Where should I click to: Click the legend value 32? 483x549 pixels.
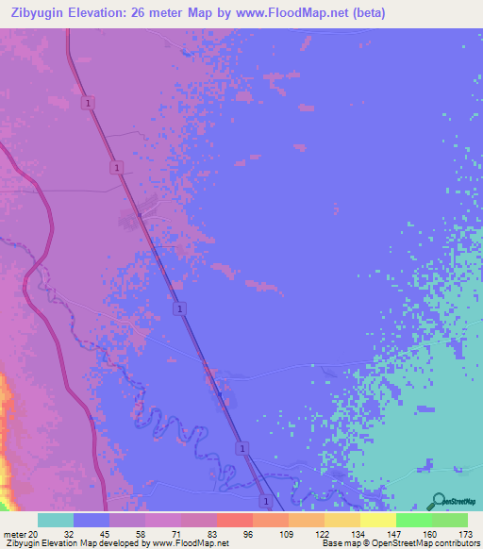[x=69, y=533]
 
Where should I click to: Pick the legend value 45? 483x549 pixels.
[x=104, y=533]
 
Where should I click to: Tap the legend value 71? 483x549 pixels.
[x=175, y=533]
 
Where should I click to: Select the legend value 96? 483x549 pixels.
[x=247, y=533]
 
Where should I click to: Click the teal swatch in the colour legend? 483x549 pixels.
[x=56, y=520]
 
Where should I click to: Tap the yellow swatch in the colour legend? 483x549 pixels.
[x=378, y=520]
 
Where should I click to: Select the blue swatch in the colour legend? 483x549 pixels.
[x=92, y=520]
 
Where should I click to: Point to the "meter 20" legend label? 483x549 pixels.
[x=21, y=533]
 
